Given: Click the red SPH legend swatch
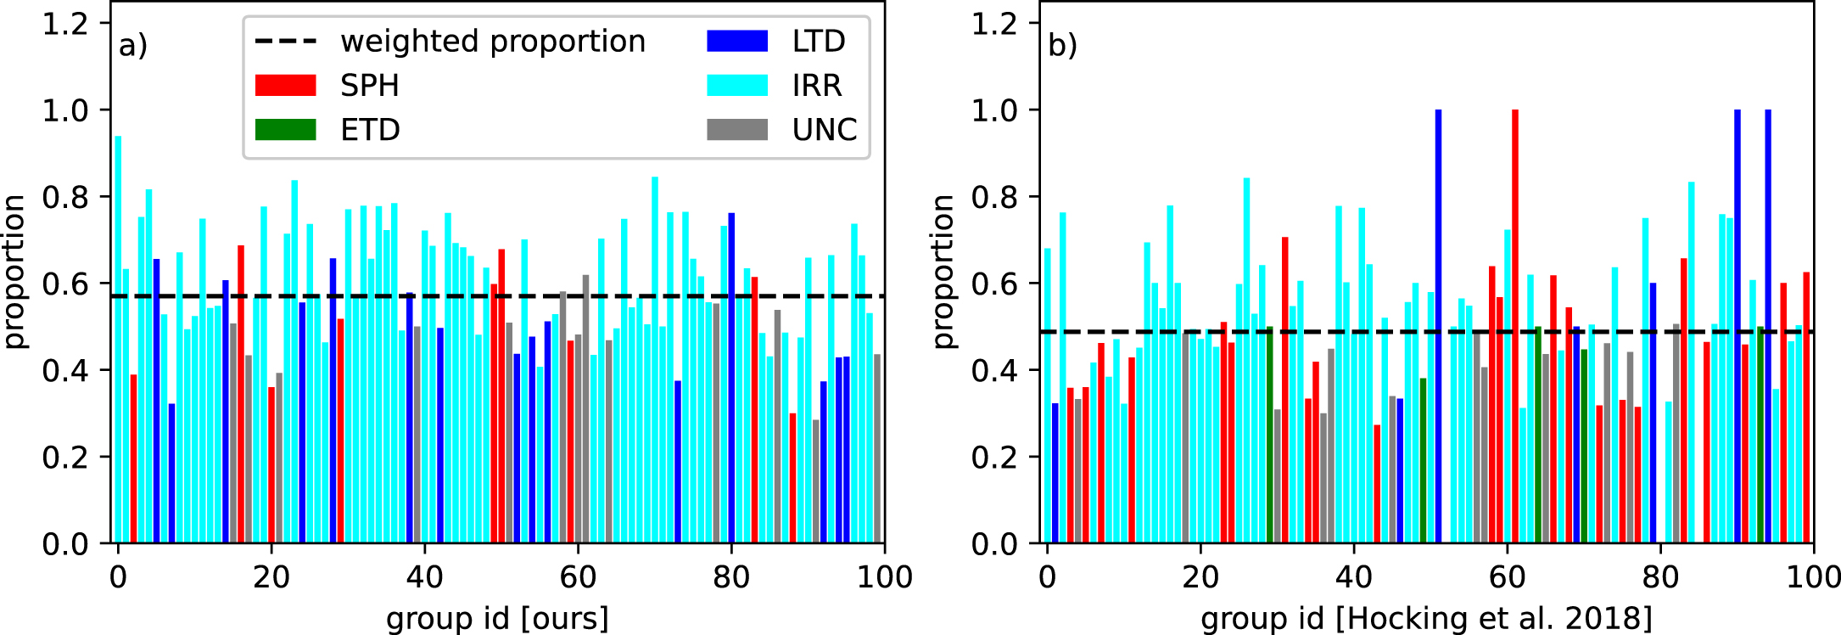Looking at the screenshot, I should coord(285,86).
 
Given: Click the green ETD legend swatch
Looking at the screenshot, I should coord(285,130).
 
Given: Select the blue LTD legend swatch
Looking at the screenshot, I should coord(737,42).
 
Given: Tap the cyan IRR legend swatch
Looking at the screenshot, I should coord(737,86).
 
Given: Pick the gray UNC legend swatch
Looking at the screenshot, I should coord(737,130).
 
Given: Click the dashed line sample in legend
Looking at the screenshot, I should coord(285,42).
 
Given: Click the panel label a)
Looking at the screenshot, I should coord(133,45).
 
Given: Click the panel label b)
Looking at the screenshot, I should coord(1062,45).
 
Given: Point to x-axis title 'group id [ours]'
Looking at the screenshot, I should coord(497,618).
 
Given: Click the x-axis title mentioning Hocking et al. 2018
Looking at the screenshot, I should coord(1426,618).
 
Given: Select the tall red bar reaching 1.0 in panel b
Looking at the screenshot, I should coord(1515,326).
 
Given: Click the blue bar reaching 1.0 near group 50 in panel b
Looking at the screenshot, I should coord(1438,326).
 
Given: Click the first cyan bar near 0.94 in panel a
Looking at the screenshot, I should coord(119,340).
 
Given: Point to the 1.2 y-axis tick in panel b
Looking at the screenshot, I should coord(993,24).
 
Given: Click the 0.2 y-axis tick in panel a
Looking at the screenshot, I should coord(64,458).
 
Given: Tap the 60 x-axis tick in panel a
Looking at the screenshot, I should coord(578,577).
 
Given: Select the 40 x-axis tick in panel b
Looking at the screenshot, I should coord(1353,577).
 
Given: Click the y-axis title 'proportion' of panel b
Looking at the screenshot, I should coord(943,272).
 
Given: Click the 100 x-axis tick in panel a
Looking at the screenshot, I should coord(885,577).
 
